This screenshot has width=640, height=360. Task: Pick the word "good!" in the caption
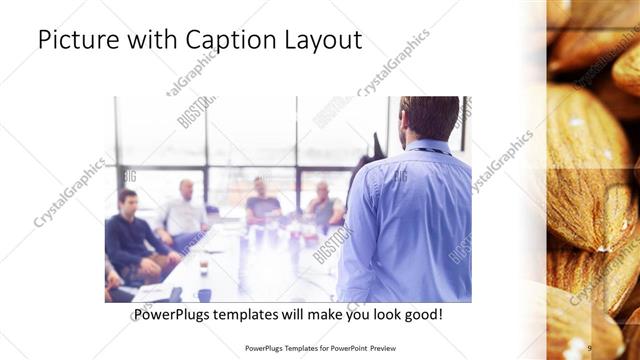(x=422, y=316)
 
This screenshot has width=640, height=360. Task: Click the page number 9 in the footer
(x=589, y=347)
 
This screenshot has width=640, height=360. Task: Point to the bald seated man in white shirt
(x=183, y=212)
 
